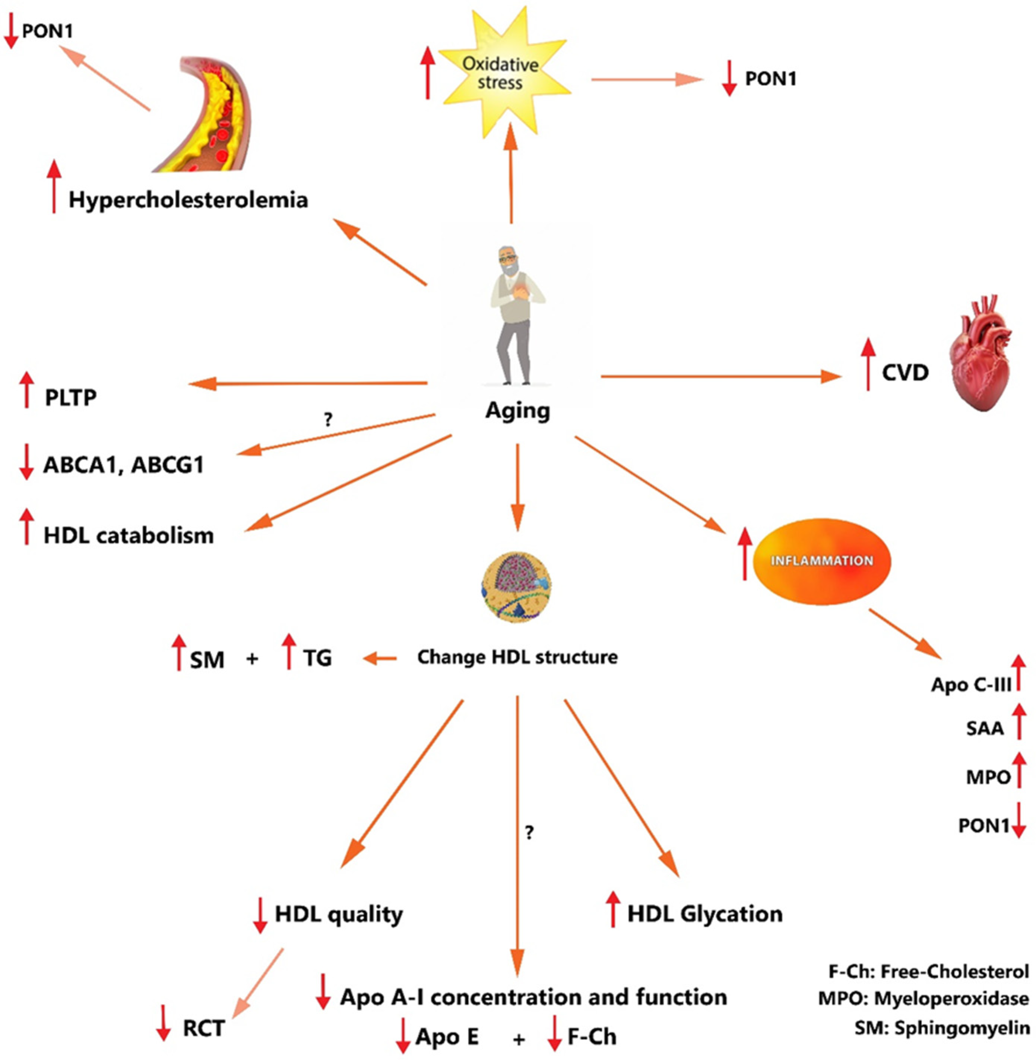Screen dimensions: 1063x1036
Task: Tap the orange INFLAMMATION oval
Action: (x=822, y=561)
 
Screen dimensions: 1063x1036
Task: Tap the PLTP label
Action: (x=71, y=398)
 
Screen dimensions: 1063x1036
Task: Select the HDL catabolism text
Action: (x=129, y=535)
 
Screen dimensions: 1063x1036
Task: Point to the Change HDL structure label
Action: (x=517, y=657)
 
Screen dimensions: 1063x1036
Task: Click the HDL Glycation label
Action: (x=704, y=913)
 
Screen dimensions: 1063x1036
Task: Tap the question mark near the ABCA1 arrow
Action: (x=328, y=420)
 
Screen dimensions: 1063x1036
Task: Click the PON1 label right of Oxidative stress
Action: (x=770, y=79)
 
